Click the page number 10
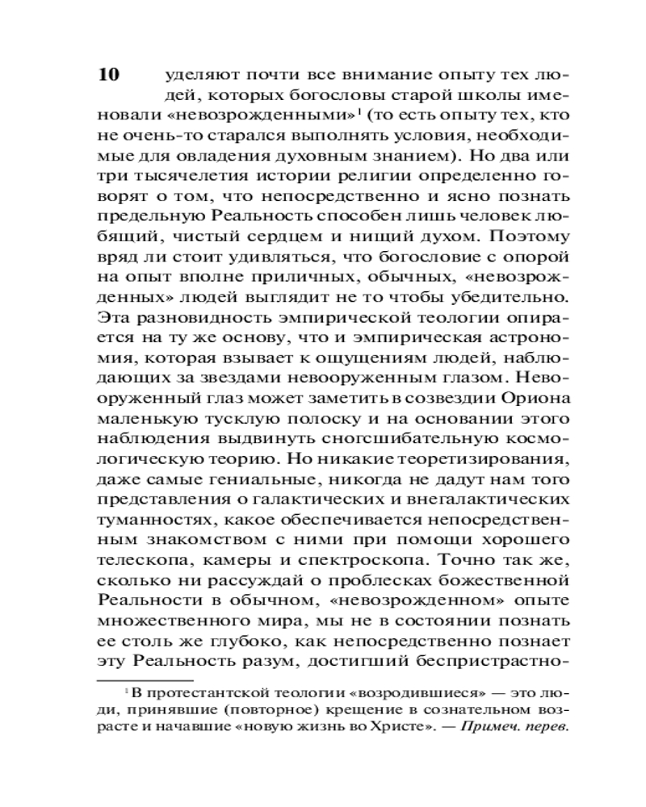click(x=108, y=75)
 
